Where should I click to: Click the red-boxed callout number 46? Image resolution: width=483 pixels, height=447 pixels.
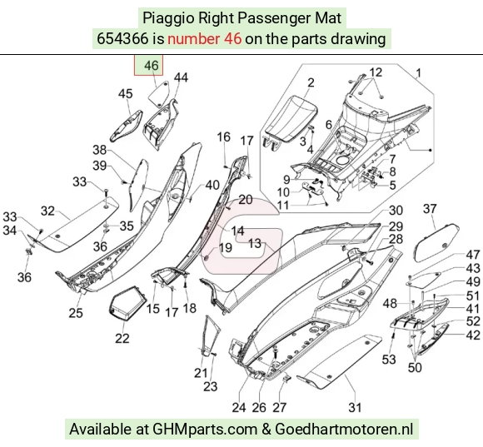pos(151,65)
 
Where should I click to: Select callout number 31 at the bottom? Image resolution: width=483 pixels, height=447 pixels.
pos(355,407)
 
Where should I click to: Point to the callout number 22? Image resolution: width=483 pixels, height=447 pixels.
pos(122,338)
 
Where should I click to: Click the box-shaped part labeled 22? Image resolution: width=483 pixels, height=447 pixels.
pos(127,302)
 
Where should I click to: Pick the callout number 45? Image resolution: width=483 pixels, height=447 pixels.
pos(126,93)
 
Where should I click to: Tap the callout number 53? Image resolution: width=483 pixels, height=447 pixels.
pos(389,359)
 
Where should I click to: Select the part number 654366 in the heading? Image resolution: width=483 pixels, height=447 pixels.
pos(122,39)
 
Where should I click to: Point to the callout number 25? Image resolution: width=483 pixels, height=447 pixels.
pos(76,313)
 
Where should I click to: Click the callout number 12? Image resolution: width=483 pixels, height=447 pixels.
pos(376,72)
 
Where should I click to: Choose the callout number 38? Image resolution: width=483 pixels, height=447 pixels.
pos(99,150)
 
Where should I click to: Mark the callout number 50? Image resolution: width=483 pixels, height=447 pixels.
pos(415,367)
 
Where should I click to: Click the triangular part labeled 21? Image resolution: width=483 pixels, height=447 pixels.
pos(211,335)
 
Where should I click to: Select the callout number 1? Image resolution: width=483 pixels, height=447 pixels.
pos(418,73)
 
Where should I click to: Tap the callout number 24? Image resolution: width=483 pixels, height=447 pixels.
pos(239,407)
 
